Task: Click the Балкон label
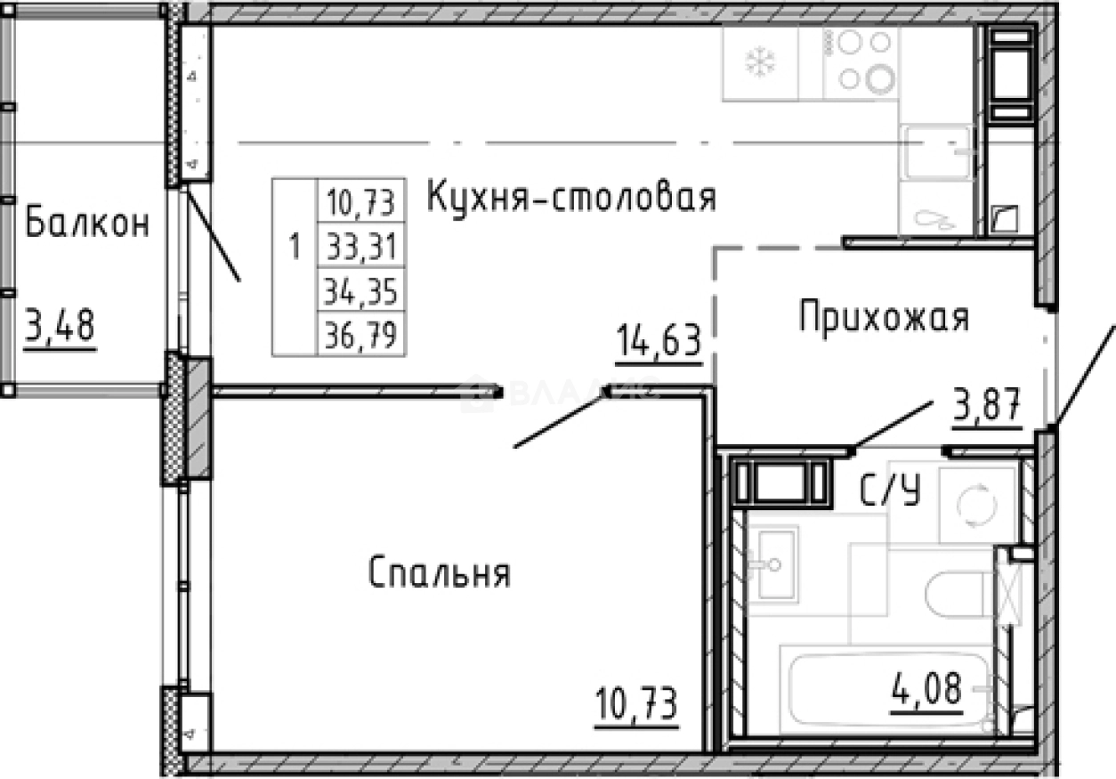point(86,223)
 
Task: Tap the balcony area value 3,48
point(61,325)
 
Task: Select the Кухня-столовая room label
point(571,197)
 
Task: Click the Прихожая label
point(883,317)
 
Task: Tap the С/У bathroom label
point(889,490)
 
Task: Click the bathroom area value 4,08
point(928,690)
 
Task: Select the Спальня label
point(439,573)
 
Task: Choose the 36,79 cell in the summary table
point(360,336)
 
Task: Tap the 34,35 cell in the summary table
point(360,290)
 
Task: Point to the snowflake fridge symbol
point(760,61)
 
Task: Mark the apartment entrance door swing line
point(1086,374)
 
